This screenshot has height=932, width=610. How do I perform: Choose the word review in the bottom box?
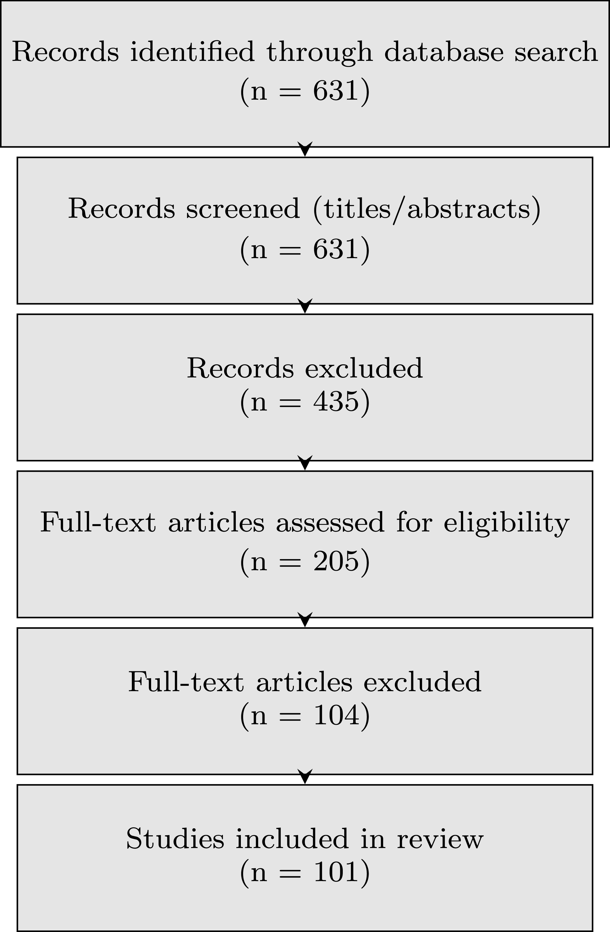click(x=440, y=840)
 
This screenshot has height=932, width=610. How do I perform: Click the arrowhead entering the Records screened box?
click(x=305, y=149)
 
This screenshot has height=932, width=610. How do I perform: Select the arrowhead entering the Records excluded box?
click(x=305, y=306)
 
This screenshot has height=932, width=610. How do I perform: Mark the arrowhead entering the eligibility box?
click(x=305, y=463)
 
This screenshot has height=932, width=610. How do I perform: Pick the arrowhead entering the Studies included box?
click(x=305, y=777)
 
